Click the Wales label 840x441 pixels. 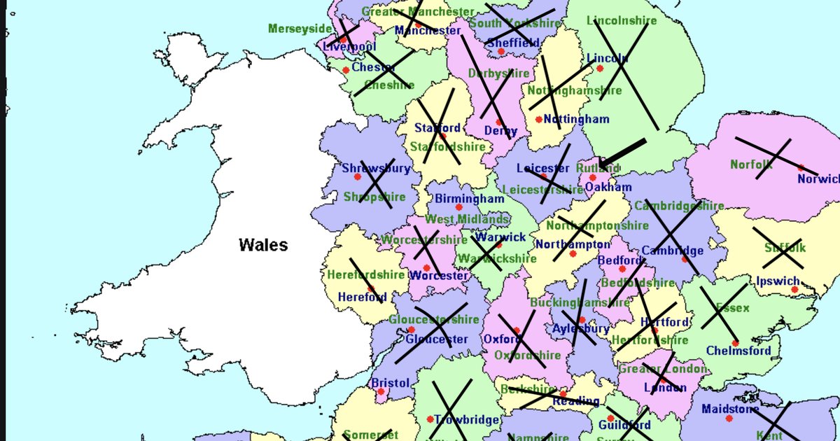tap(262, 245)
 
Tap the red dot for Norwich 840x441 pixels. tap(801, 169)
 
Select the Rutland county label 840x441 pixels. tap(598, 168)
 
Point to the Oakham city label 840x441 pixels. tap(608, 187)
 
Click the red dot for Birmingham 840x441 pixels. tap(459, 207)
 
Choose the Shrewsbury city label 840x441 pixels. tap(376, 168)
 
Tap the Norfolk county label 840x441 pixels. tap(751, 164)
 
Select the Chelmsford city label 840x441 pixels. tap(738, 351)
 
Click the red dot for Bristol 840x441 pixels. tap(381, 392)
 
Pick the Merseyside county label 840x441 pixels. tap(300, 29)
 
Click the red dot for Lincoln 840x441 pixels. tap(599, 69)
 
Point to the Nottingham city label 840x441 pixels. tap(576, 120)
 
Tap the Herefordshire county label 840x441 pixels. tap(365, 274)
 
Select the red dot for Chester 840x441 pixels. tap(346, 71)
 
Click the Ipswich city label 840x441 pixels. tap(778, 281)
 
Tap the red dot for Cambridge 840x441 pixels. tap(685, 260)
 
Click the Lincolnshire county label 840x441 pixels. tap(622, 20)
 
